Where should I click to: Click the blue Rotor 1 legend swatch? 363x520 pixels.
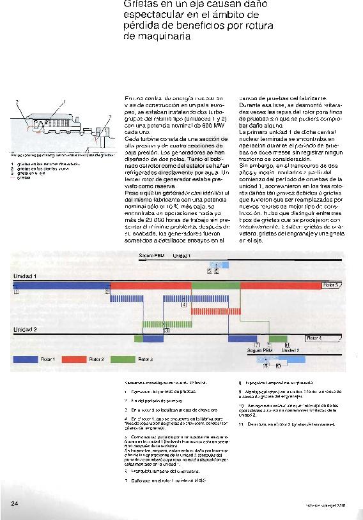click(x=25, y=359)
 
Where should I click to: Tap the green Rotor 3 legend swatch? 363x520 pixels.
click(x=121, y=359)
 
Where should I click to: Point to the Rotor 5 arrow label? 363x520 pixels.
click(x=331, y=285)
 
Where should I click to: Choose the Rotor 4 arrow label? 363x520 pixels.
click(x=315, y=338)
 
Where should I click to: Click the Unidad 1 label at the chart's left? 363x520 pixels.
click(x=26, y=276)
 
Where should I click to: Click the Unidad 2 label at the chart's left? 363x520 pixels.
click(x=26, y=330)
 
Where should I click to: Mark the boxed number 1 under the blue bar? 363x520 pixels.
click(x=15, y=291)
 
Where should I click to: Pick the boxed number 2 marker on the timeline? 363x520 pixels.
click(x=107, y=291)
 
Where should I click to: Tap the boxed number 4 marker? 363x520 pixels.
click(x=184, y=306)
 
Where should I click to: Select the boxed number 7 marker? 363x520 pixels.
click(x=257, y=345)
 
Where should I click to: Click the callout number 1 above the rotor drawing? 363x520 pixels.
click(x=64, y=101)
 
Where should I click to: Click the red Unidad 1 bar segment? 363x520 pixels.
click(x=150, y=285)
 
